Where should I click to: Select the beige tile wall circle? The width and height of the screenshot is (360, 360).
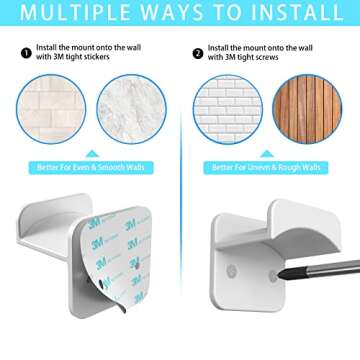53,109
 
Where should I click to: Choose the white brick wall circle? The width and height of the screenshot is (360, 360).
227,109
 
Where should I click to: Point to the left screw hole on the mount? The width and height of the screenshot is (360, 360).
232,271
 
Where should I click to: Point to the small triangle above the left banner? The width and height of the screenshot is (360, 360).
92,153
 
